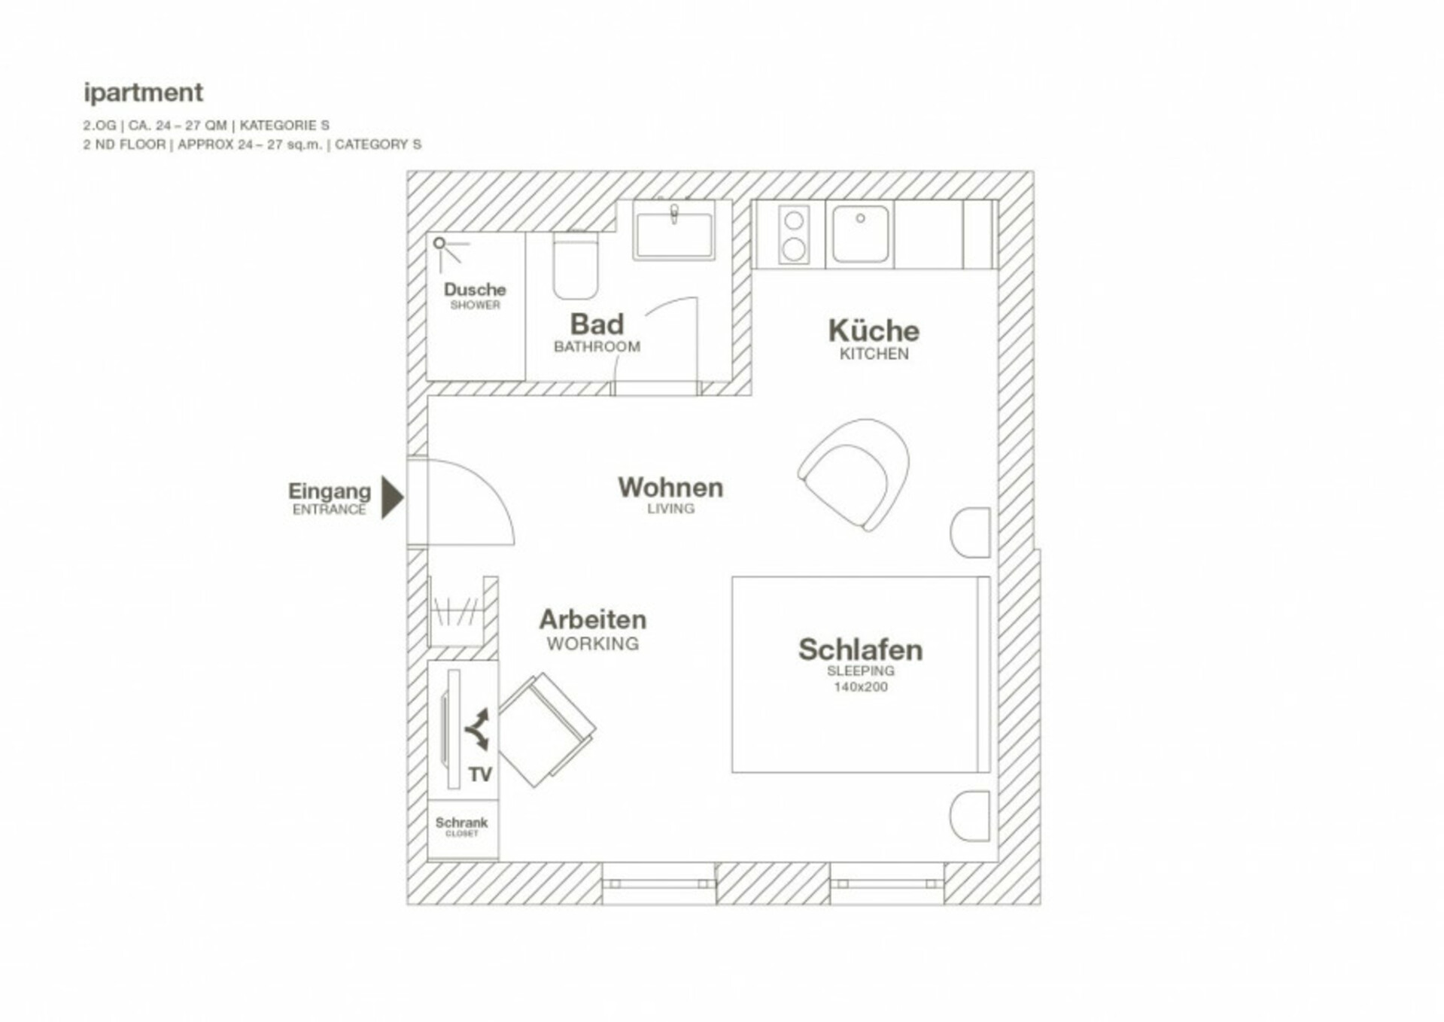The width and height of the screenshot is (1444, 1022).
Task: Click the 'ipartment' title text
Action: (143, 93)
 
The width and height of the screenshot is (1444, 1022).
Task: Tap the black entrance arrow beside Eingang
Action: (392, 497)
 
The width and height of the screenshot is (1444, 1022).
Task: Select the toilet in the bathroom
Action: (576, 265)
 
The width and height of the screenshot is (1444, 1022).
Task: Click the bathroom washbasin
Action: (673, 232)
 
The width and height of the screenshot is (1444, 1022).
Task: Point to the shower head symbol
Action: (439, 243)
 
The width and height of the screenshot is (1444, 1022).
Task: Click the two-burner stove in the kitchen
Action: (793, 235)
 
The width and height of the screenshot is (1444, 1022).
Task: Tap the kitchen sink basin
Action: (860, 234)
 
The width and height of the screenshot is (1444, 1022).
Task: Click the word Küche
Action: (874, 331)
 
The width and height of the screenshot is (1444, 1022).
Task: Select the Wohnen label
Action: (670, 488)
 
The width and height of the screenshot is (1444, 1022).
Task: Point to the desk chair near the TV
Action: (546, 729)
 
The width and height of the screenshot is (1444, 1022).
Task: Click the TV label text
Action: (480, 774)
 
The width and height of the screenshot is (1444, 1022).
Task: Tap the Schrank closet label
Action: (461, 823)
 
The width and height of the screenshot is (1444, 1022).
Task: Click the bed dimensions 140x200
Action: (860, 687)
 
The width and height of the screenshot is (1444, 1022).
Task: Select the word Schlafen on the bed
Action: (860, 649)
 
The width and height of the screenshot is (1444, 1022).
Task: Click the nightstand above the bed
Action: (971, 533)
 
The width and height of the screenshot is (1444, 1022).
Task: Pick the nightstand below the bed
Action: (971, 816)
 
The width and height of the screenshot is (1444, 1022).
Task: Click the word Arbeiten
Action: (593, 619)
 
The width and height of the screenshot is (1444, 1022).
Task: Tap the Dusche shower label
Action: (475, 290)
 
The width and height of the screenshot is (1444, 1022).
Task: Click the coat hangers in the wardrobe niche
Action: (456, 611)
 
